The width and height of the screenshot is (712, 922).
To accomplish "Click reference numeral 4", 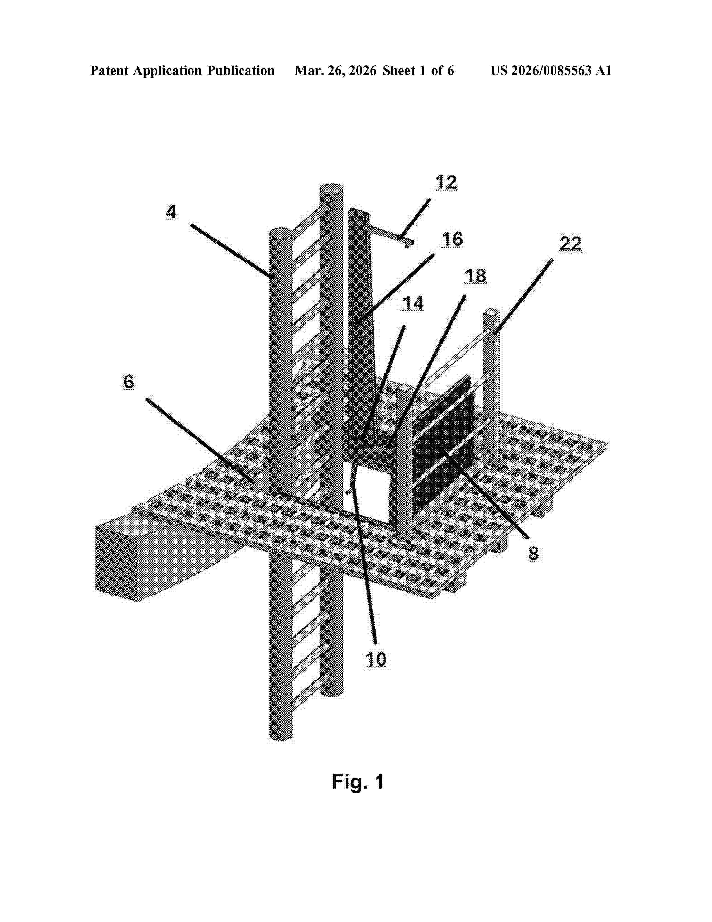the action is click(x=171, y=212).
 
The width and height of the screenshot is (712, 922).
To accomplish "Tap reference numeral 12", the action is click(x=446, y=182).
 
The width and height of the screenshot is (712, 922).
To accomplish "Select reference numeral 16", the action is click(x=452, y=239).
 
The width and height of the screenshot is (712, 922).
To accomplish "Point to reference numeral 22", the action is click(x=571, y=244).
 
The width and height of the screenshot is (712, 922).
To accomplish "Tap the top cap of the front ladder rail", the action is click(x=280, y=232).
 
